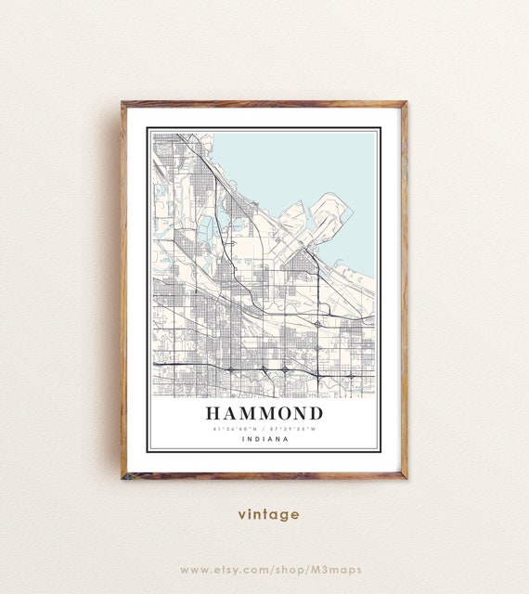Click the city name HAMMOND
[x=264, y=413]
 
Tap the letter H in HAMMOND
[x=211, y=413]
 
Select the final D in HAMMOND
[x=316, y=413]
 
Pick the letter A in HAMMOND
[x=228, y=413]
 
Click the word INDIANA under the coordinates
[x=264, y=439]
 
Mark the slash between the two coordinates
[x=264, y=429]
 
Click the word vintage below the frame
[x=268, y=514]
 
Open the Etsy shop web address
[x=271, y=569]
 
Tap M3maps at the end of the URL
[x=338, y=569]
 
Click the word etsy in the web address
[x=234, y=569]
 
